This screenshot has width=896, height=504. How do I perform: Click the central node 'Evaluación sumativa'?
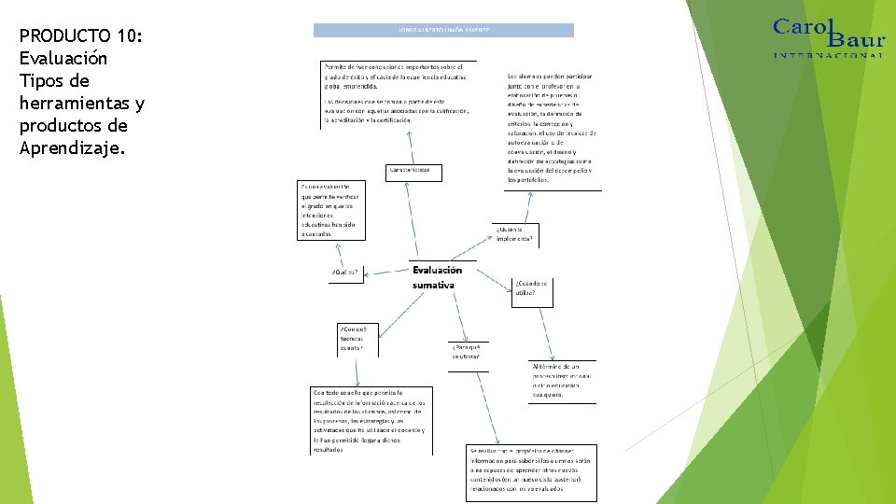pos(437,277)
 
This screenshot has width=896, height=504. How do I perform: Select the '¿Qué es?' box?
pos(345,273)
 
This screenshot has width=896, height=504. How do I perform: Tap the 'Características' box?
pos(413,172)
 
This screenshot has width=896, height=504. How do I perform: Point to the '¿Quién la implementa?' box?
pos(515,234)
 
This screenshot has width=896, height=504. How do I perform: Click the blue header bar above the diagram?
pos(443,30)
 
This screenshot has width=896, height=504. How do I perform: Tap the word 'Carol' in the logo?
pos(801,26)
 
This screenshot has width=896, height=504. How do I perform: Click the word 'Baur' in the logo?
pos(857,39)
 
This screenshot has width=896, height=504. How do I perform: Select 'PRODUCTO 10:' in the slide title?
pos(80,36)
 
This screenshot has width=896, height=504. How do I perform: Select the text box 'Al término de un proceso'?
pos(561,381)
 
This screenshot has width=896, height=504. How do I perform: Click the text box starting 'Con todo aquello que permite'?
pos(370,420)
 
